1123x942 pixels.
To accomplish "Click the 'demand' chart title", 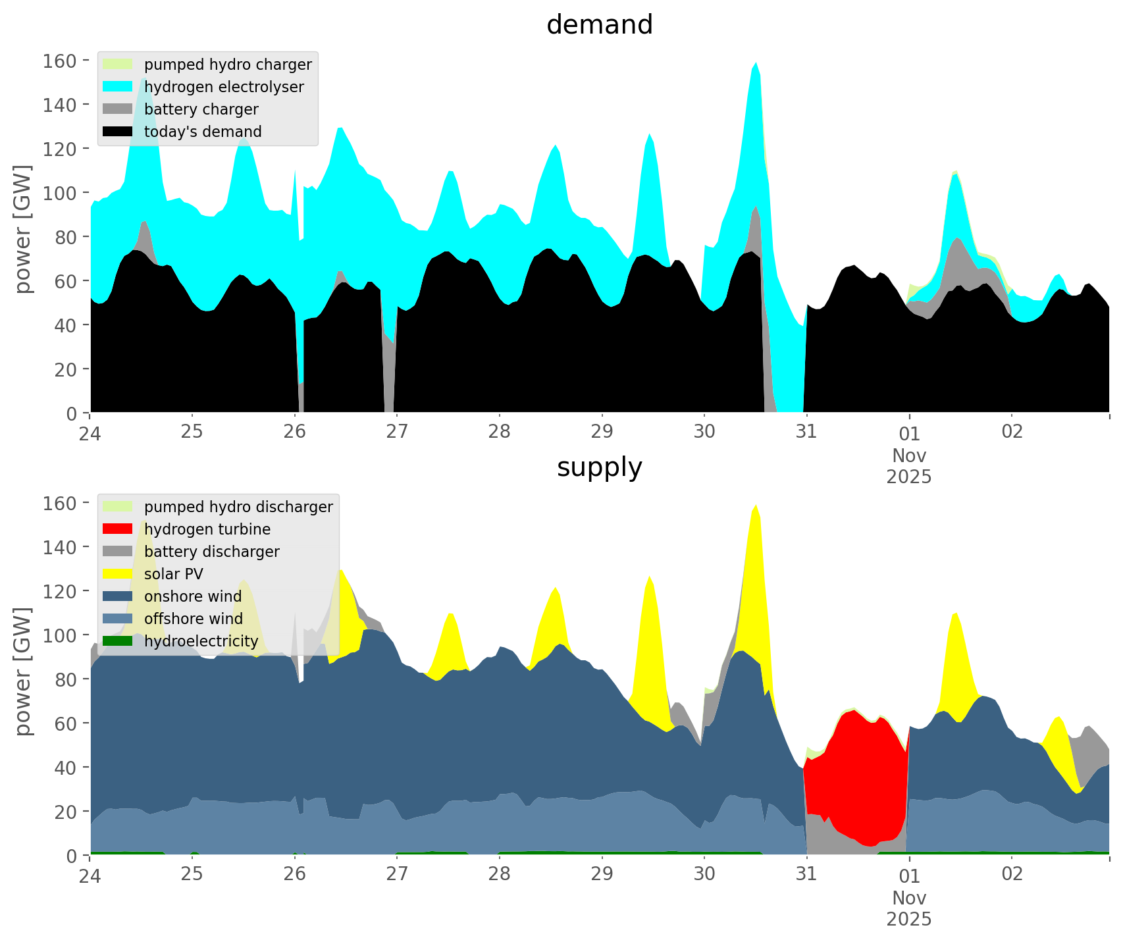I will (599, 25).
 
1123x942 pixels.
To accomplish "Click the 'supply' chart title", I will (599, 467).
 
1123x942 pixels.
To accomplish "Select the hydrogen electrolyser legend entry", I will (223, 87).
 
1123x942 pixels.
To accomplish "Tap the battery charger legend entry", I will (201, 109).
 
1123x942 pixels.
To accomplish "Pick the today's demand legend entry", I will (203, 132).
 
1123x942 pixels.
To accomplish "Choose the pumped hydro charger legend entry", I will (227, 65).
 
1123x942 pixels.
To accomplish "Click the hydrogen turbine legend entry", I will (207, 529).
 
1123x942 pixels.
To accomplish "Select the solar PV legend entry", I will (173, 574).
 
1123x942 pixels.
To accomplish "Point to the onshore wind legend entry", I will (192, 596).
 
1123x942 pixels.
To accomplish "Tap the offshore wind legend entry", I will (193, 619).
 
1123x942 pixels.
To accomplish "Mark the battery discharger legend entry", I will (211, 552).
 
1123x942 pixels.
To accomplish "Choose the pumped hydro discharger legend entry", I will (238, 507).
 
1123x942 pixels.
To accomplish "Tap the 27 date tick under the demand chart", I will (397, 432).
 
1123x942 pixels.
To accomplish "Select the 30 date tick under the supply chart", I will (704, 874).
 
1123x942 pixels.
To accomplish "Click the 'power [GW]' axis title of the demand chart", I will (22, 229).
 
